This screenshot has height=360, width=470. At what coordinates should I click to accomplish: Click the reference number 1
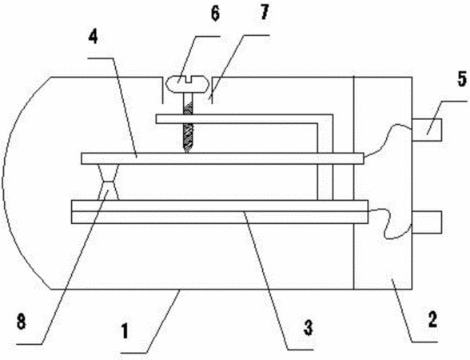[125, 331]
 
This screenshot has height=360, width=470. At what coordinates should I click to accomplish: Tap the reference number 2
[432, 319]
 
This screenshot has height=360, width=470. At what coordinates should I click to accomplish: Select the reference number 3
[308, 327]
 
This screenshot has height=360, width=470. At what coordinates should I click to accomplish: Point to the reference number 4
[93, 37]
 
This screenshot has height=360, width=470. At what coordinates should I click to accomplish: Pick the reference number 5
[462, 79]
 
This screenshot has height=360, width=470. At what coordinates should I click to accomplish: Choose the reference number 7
[264, 13]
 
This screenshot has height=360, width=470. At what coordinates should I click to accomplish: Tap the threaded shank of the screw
[187, 123]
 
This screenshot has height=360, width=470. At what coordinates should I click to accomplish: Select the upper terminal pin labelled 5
[427, 130]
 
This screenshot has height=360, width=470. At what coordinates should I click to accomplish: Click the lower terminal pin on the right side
[427, 222]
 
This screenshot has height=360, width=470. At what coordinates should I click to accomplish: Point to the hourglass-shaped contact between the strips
[109, 182]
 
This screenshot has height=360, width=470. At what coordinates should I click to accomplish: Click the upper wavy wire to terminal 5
[387, 140]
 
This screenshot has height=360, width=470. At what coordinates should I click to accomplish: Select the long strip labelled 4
[222, 158]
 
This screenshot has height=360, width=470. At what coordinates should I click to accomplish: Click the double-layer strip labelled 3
[220, 212]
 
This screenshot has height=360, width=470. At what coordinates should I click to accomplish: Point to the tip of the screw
[187, 152]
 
